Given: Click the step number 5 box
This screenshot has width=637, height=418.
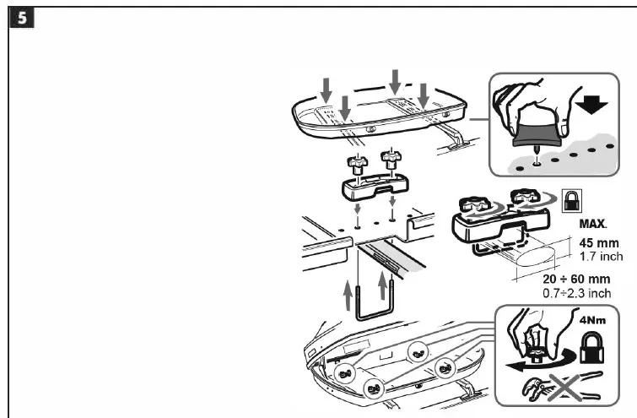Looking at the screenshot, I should pos(17,18).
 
